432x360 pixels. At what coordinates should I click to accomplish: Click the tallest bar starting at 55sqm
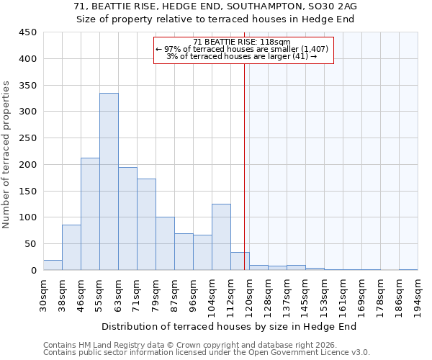tap(109, 181)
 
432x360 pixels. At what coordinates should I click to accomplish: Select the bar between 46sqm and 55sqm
tap(90, 214)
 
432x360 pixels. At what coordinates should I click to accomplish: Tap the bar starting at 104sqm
tap(221, 237)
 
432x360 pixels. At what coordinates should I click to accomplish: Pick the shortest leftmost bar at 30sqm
tap(53, 265)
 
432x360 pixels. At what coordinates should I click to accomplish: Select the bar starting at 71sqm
tap(146, 225)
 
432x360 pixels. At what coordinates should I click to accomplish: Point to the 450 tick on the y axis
tap(28, 32)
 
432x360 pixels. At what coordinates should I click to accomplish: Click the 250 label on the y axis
tap(28, 138)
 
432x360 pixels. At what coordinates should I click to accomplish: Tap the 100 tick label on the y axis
tap(28, 217)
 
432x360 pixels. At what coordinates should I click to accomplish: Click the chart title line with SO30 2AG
tap(215, 6)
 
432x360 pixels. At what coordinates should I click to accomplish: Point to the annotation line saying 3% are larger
tap(242, 56)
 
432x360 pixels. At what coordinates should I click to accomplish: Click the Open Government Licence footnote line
tap(207, 353)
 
